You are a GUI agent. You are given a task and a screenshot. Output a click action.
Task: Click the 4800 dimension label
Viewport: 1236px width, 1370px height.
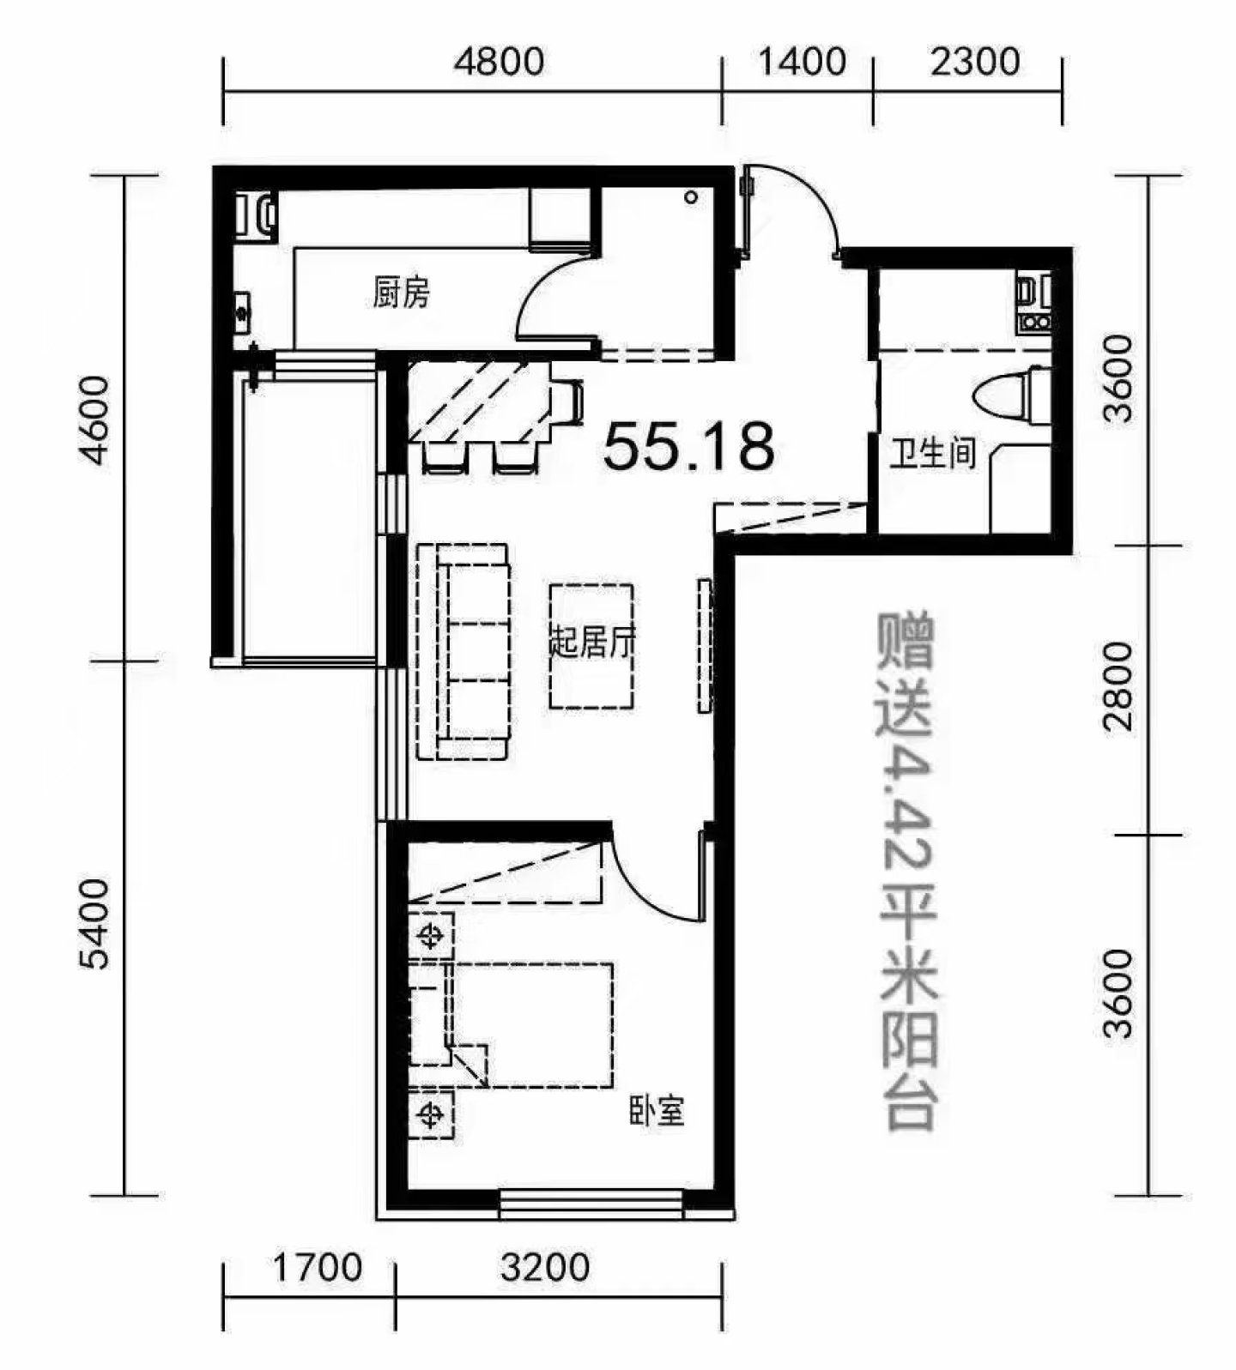point(499,62)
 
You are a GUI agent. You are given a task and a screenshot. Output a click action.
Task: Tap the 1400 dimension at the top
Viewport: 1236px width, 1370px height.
point(803,62)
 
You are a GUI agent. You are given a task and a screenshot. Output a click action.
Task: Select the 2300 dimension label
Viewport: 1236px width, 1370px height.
point(975,62)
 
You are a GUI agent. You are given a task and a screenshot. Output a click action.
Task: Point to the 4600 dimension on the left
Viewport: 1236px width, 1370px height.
point(95,420)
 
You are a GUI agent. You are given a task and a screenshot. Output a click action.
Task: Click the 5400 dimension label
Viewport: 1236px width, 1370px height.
point(95,924)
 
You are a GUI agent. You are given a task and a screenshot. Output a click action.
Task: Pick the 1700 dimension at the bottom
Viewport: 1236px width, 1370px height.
point(318,1268)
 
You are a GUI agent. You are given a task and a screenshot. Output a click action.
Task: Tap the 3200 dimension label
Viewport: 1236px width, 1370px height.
point(545,1268)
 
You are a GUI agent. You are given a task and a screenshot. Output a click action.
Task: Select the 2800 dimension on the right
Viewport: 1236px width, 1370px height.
point(1118,686)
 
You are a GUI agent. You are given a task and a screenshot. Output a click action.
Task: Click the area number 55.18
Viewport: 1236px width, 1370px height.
point(688,447)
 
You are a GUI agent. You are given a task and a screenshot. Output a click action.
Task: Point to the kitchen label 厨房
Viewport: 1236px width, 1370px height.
point(401,293)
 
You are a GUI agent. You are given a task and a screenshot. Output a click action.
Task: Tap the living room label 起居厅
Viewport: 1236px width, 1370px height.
point(592,641)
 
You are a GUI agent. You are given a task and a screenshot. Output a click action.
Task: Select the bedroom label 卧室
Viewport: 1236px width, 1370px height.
point(657,1112)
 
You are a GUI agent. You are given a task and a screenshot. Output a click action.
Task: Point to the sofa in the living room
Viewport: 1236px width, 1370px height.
point(463,651)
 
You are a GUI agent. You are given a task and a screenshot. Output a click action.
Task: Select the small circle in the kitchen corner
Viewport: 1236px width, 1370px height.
point(691,198)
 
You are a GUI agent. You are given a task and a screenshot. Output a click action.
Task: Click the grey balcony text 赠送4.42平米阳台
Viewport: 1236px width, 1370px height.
point(906,871)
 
